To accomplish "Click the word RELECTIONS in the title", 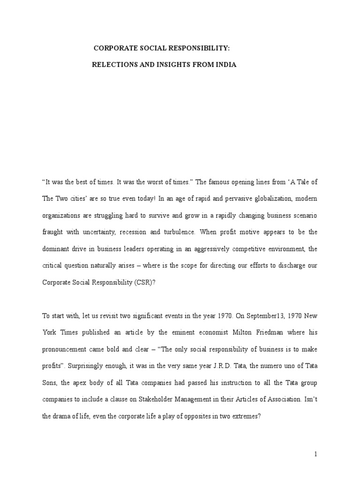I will coord(112,65).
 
